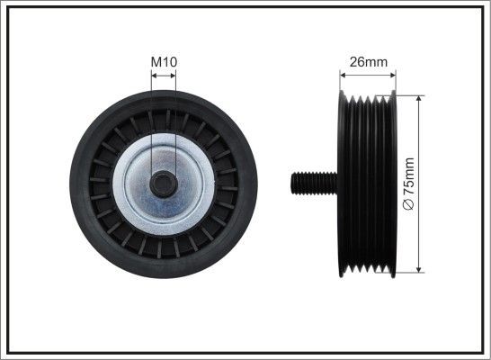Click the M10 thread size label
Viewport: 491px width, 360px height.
tap(163, 61)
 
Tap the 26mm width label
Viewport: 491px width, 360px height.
tap(368, 62)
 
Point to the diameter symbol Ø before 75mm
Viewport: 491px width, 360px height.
tap(409, 206)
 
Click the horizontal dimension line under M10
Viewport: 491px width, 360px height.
tap(163, 76)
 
